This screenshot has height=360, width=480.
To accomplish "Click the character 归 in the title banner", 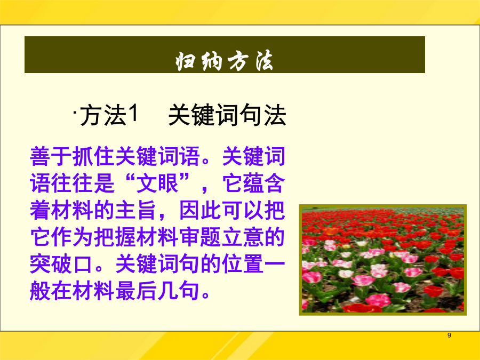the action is (x=185, y=61).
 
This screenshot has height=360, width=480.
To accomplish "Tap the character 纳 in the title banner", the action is (x=212, y=61).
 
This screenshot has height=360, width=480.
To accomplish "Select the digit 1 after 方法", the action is (x=133, y=113).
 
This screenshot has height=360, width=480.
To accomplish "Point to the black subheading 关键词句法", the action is (x=227, y=115).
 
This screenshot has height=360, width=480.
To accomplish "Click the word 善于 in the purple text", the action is (x=51, y=156).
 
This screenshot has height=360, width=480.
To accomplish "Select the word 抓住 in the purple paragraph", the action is (x=94, y=156).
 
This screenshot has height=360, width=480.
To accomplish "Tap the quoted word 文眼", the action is (x=157, y=183).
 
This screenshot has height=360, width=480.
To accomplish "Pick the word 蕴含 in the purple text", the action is (x=264, y=183).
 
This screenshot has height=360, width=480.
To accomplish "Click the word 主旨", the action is (x=136, y=210).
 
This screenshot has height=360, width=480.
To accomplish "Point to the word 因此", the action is (x=200, y=210).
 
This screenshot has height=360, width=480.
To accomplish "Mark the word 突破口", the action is (x=61, y=263).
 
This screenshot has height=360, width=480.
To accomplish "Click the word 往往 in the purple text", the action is (x=72, y=183).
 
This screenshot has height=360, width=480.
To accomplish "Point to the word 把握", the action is (x=115, y=237).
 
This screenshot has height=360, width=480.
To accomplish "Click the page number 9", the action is (x=449, y=335).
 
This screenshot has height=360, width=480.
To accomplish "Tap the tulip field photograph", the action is (x=382, y=260).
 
